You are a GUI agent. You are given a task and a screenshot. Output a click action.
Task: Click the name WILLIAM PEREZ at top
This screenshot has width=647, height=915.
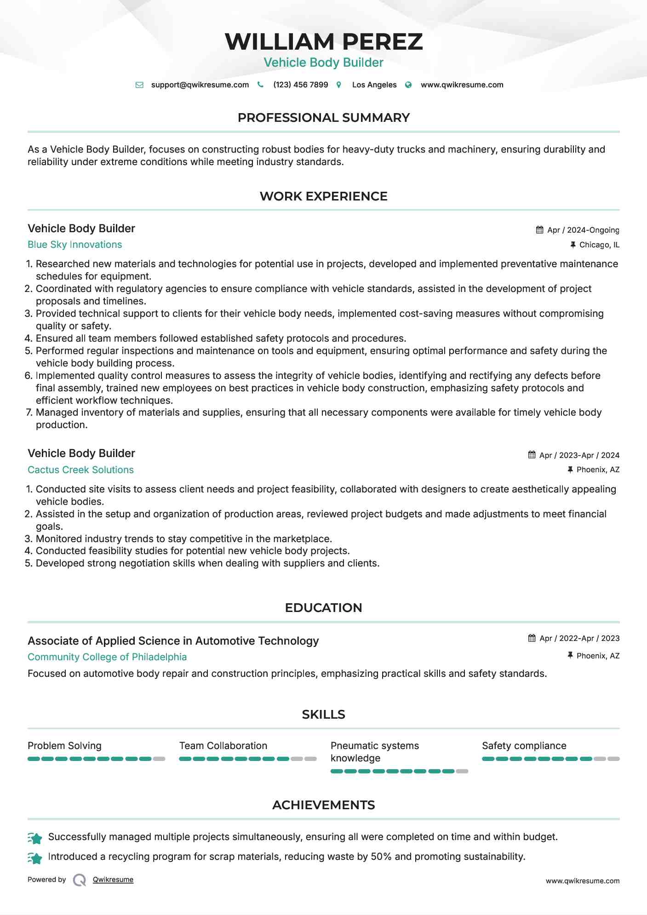(323, 41)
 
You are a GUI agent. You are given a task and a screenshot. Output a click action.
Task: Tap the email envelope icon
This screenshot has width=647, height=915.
(139, 85)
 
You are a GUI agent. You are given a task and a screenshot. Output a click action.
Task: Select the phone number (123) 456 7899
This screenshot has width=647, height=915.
(300, 85)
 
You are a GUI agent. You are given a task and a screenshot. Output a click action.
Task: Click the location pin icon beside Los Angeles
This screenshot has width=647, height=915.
(339, 85)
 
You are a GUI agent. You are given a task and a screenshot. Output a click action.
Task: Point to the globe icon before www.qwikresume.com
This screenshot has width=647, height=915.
(408, 85)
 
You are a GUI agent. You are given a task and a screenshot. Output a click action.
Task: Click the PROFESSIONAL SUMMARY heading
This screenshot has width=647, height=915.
(323, 118)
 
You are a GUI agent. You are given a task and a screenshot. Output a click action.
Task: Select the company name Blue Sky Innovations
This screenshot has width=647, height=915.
(74, 245)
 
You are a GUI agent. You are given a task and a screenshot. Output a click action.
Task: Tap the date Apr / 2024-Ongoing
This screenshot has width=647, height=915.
(583, 230)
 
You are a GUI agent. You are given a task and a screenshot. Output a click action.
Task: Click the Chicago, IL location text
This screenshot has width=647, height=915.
(599, 245)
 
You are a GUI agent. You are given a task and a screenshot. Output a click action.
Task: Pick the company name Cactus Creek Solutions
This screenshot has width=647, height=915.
(80, 470)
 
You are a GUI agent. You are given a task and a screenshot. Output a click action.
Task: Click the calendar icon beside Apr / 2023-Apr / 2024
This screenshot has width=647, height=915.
(532, 455)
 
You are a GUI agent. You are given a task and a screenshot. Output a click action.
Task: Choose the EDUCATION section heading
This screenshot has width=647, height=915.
(323, 608)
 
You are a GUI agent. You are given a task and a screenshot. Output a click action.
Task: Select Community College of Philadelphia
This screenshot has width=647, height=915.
(107, 657)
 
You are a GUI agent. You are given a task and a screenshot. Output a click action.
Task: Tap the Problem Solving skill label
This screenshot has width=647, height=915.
(64, 746)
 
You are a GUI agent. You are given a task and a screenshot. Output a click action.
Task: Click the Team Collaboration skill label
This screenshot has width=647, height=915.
(223, 746)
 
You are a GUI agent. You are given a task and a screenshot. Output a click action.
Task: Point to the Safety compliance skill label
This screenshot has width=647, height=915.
(524, 746)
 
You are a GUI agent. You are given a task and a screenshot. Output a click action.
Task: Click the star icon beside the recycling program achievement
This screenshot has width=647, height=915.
(35, 858)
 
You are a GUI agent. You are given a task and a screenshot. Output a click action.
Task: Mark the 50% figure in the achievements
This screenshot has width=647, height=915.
(381, 857)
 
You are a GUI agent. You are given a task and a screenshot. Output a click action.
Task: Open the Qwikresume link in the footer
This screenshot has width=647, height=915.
(113, 880)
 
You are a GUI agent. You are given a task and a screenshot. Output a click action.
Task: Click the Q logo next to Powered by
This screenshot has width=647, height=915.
(80, 880)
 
